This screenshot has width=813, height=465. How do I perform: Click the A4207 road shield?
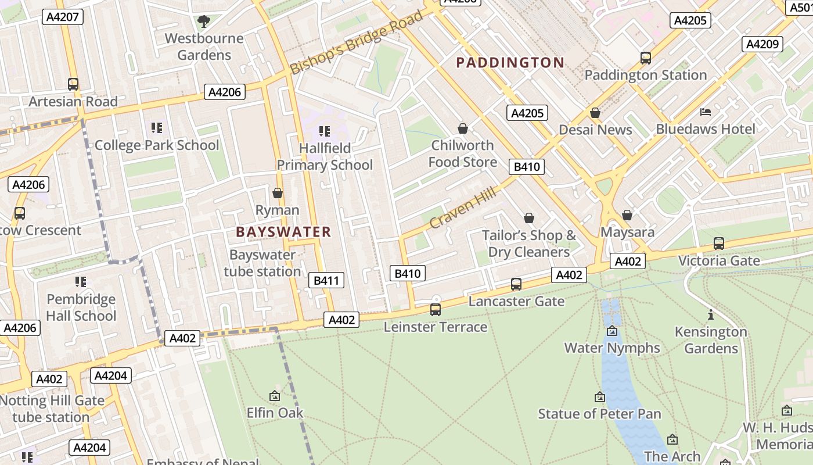click(62, 17)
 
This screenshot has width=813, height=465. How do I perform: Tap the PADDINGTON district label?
click(510, 63)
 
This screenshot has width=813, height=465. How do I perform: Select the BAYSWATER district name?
click(283, 233)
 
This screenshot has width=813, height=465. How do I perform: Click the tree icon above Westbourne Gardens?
click(204, 22)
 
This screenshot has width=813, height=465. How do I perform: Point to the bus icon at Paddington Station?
click(646, 58)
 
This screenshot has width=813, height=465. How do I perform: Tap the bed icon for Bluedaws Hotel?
click(706, 112)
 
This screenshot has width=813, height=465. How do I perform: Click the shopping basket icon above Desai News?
click(595, 113)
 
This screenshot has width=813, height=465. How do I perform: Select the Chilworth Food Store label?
click(463, 153)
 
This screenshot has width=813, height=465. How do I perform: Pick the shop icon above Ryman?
click(278, 193)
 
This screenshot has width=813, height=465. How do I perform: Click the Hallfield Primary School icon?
click(325, 131)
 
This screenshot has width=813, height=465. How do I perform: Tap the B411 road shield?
click(326, 281)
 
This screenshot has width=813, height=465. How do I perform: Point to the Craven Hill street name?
click(463, 208)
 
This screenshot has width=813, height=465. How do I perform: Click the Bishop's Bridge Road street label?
click(357, 42)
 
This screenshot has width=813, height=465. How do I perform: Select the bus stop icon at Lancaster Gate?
click(516, 284)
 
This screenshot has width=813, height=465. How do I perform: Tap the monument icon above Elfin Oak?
click(275, 396)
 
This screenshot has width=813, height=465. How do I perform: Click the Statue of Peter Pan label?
click(599, 414)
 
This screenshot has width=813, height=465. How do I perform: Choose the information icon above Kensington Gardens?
click(711, 315)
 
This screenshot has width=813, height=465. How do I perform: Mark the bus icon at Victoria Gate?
click(719, 244)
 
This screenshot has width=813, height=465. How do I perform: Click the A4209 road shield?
click(762, 44)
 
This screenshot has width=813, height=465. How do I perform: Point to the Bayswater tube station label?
click(262, 263)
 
